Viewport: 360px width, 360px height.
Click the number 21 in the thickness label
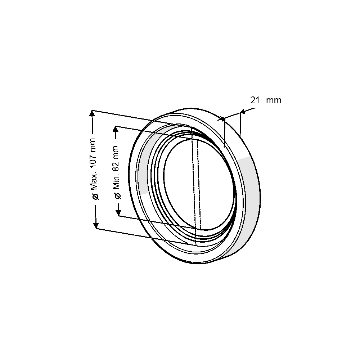255,100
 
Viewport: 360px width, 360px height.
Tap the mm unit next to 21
274,100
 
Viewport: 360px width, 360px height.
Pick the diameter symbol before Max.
95,197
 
